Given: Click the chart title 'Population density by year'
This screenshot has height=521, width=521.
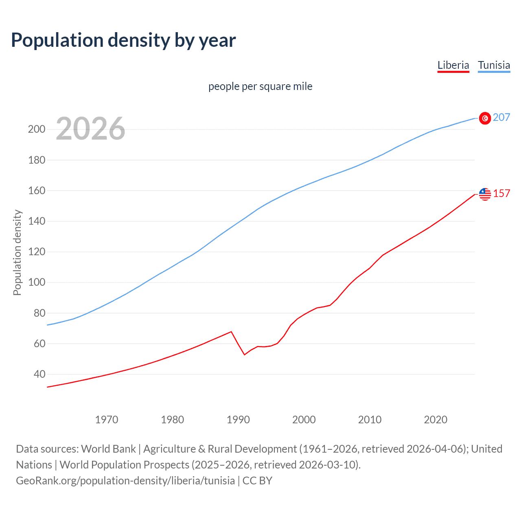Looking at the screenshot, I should [x=123, y=40].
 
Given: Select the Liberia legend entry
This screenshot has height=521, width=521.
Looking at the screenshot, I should [x=453, y=65].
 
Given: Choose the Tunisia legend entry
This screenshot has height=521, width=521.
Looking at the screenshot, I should [x=494, y=65].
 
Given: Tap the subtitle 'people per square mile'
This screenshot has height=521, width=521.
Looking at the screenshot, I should [x=260, y=86].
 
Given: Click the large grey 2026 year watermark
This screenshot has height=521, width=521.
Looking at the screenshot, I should [x=90, y=129].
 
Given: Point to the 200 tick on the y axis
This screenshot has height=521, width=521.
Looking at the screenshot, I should [x=36, y=129].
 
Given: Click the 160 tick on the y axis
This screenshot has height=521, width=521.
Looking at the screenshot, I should [x=36, y=190].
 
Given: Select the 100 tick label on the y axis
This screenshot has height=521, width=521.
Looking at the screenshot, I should [x=36, y=282].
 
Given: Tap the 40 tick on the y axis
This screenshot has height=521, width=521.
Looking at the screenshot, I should [x=39, y=374].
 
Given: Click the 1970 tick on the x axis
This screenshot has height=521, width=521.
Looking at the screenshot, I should [x=106, y=420].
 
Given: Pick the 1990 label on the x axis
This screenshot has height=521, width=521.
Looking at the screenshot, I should [x=238, y=420].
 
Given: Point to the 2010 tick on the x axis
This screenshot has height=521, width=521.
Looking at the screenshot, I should [x=370, y=420].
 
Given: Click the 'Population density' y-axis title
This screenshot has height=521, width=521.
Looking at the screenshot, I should [x=17, y=252].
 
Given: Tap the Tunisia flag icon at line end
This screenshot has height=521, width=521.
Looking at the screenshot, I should [x=485, y=118].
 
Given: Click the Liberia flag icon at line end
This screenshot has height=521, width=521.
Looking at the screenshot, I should [x=485, y=194].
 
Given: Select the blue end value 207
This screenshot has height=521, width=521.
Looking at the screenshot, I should [x=501, y=117].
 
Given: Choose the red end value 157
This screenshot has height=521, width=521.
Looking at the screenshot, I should [x=501, y=193].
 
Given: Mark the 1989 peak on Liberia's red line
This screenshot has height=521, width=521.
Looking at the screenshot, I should [x=231, y=331].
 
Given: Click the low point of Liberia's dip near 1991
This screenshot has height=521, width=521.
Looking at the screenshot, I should [x=245, y=355].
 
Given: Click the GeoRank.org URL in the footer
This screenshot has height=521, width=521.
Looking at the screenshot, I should [x=125, y=481].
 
